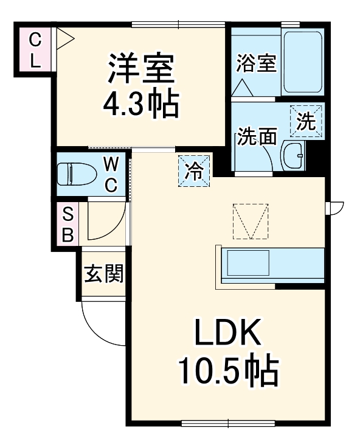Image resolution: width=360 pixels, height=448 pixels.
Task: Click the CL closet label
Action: tap(36, 51)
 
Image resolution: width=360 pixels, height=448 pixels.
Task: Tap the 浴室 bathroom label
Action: tap(255, 63)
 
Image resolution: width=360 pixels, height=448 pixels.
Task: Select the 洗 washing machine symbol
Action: tap(306, 122)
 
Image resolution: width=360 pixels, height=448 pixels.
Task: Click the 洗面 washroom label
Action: tap(257, 137)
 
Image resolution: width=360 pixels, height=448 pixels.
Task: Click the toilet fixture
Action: tap(76, 174)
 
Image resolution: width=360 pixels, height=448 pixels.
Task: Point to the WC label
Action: tap(111, 174)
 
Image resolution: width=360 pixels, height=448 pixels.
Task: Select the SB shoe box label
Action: tap(67, 224)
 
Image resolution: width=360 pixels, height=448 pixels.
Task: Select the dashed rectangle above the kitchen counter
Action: tap(250, 221)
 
